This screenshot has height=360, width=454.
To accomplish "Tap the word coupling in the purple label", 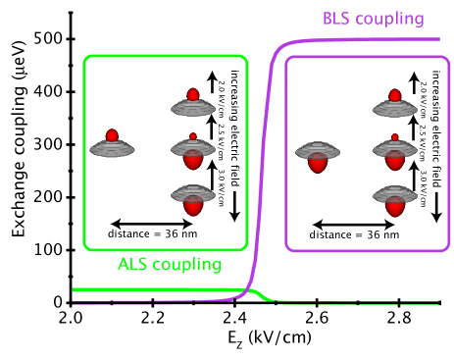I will [x=389, y=20].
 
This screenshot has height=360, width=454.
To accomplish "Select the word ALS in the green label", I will [x=133, y=264].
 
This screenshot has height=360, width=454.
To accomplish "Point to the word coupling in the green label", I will [x=187, y=265].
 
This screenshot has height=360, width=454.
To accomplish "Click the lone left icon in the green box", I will [x=112, y=148].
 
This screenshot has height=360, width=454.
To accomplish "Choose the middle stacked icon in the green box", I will [x=192, y=153].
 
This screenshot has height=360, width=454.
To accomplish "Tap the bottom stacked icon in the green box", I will [x=192, y=199].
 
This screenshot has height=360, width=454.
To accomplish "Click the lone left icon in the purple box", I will [x=318, y=157].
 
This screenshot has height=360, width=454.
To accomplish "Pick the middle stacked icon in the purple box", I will [x=394, y=153].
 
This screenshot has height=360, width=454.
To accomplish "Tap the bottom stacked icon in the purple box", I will [x=394, y=200].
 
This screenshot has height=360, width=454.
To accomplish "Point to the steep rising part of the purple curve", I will [x=260, y=177].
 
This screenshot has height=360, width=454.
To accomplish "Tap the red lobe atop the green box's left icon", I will [x=112, y=135].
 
